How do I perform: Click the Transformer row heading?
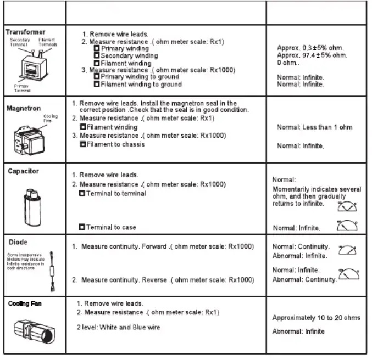tap(25, 32)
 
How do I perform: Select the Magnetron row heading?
tap(23, 108)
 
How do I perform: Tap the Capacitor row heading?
tap(23, 171)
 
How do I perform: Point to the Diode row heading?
tap(18, 242)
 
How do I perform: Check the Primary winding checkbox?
tap(97, 49)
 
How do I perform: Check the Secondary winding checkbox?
tap(97, 56)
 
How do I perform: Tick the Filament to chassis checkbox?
tap(83, 144)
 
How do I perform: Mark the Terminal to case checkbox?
tap(82, 227)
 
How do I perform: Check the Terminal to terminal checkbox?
tap(82, 194)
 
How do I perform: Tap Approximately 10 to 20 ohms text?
tap(316, 318)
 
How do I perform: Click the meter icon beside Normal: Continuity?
tap(347, 250)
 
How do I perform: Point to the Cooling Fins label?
tap(50, 119)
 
